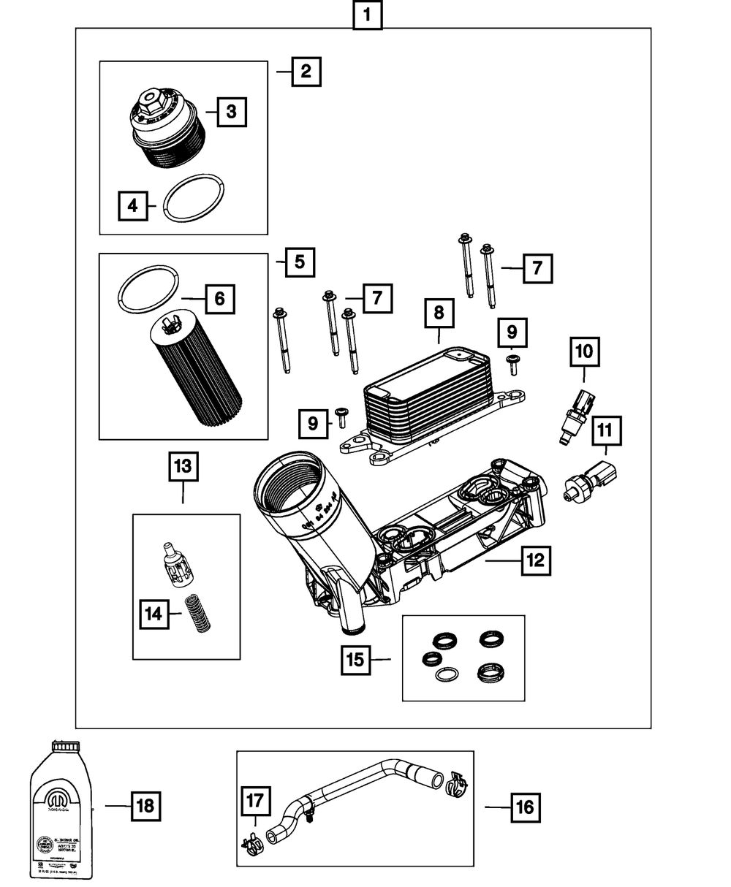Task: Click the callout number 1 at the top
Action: point(367,15)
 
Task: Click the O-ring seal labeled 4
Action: point(194,199)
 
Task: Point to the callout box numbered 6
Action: point(220,298)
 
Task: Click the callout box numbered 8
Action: point(439,313)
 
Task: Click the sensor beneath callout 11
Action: point(591,482)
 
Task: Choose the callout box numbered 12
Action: point(535,561)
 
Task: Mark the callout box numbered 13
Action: point(183,465)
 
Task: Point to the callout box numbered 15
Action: point(355,660)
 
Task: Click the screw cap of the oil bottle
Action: point(65,747)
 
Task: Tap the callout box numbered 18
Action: point(145,806)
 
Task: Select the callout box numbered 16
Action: point(525,807)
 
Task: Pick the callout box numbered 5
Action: point(300,262)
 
